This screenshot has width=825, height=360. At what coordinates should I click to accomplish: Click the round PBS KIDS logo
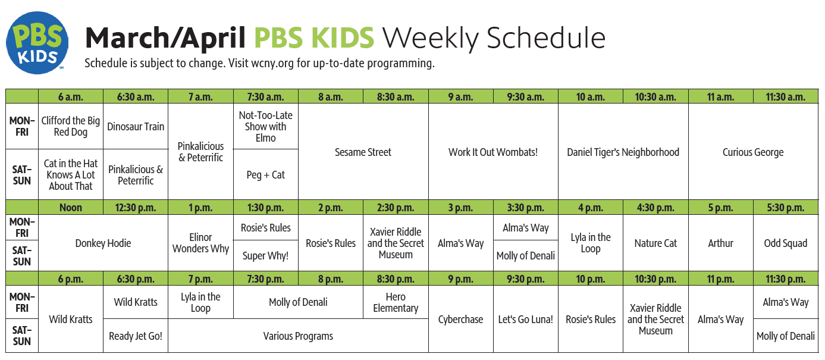coord(37,43)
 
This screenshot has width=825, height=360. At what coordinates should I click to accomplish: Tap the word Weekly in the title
coord(431,39)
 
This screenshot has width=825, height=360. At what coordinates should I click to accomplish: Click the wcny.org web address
coord(272,64)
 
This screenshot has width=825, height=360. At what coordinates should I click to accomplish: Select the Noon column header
coord(71,208)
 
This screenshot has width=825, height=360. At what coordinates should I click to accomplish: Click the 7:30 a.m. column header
coord(265,97)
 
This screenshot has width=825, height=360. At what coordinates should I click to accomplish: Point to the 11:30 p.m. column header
coord(786,279)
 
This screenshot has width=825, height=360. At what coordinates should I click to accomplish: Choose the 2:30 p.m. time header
coord(396,208)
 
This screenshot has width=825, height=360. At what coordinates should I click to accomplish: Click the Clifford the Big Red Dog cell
coord(71,126)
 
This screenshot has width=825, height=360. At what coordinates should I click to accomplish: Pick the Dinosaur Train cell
coord(136,126)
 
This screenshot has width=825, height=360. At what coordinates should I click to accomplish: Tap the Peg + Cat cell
coord(265,175)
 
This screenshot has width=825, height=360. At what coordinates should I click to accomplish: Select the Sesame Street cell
coord(363,152)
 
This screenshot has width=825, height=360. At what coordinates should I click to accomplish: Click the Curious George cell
coord(753,152)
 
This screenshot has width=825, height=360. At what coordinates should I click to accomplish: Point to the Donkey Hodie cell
coord(103,243)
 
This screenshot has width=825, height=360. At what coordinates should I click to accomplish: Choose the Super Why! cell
coord(265,256)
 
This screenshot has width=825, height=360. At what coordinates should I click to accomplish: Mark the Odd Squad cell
coord(786,243)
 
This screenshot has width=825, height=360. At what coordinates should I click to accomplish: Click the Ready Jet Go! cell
coord(136,336)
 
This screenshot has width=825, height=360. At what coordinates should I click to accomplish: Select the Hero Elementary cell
coord(396,302)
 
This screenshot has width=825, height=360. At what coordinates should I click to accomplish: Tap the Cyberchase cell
coord(461,319)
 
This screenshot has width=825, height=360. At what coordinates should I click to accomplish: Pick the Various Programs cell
coord(298,336)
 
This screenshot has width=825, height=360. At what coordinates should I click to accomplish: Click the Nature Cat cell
coord(655,243)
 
